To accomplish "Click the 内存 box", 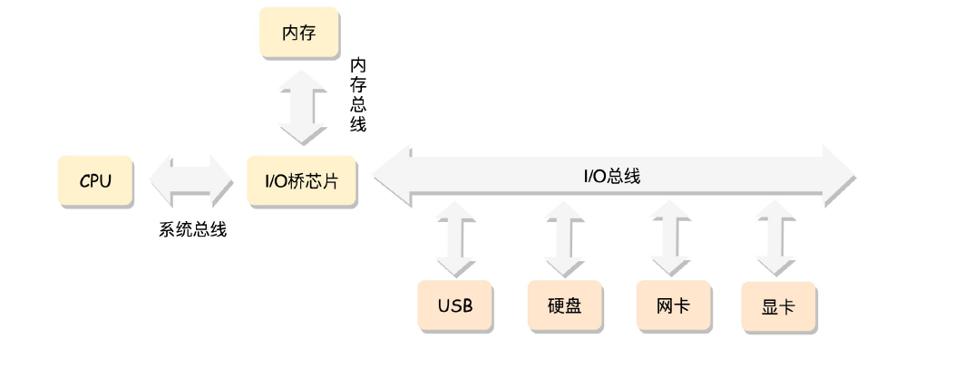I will (x=298, y=34).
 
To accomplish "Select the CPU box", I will (x=95, y=180).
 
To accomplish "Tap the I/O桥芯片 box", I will (x=301, y=180).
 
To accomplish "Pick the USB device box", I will (x=455, y=305).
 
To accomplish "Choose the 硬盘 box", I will (x=564, y=305).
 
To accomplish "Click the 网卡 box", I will (x=672, y=305).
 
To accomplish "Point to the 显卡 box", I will (x=778, y=306).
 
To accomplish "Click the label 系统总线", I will (x=192, y=229).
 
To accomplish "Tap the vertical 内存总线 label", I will (x=358, y=95).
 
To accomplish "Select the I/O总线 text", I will (x=611, y=176).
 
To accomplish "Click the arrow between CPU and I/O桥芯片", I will (x=191, y=180).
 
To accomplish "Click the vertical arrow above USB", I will (x=455, y=237).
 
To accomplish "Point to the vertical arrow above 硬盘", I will (x=564, y=237).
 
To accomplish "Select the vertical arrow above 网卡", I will (x=671, y=237).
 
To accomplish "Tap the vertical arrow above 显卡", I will (x=778, y=237).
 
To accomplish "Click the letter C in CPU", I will (x=84, y=180).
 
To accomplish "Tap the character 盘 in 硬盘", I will (x=572, y=305).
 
